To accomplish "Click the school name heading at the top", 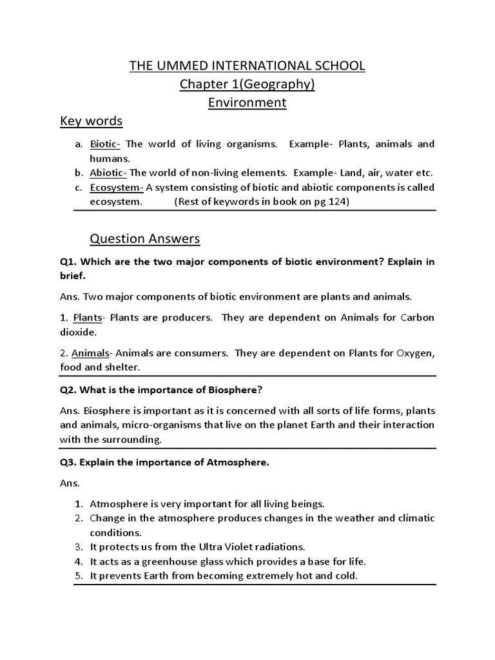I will pyautogui.click(x=247, y=66).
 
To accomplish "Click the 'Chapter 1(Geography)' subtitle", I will pyautogui.click(x=247, y=84).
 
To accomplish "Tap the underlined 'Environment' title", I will pyautogui.click(x=247, y=103).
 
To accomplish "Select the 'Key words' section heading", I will pyautogui.click(x=91, y=122).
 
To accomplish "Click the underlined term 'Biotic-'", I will pyautogui.click(x=105, y=144).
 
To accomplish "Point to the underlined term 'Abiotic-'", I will pyautogui.click(x=108, y=173).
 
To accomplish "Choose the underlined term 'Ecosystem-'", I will pyautogui.click(x=117, y=188).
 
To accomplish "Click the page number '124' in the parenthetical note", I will pyautogui.click(x=336, y=202).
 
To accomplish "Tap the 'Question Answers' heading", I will pyautogui.click(x=145, y=239).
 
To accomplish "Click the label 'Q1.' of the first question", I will pyautogui.click(x=68, y=262).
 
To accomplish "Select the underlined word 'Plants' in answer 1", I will pyautogui.click(x=88, y=318).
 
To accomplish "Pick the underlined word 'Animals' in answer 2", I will pyautogui.click(x=90, y=353).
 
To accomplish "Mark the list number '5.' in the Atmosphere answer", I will pyautogui.click(x=79, y=576).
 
